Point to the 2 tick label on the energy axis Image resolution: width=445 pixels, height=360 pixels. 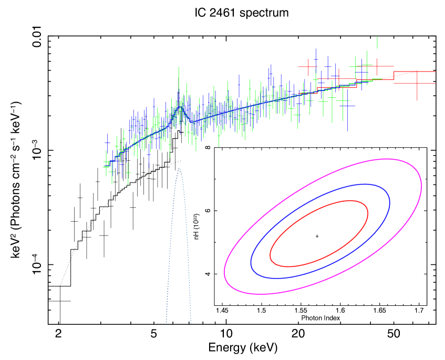coord(59,333)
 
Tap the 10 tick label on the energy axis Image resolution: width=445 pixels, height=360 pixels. coord(225,333)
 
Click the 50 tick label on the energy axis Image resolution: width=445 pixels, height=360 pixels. coord(394,333)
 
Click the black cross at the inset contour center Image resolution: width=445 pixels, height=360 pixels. coord(317,236)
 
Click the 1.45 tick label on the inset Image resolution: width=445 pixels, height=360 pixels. coord(222,312)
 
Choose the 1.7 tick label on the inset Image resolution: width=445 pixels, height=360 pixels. coord(419,312)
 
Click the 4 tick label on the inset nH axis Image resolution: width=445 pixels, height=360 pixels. coord(209,274)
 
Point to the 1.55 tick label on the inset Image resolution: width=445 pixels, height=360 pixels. coord(301,312)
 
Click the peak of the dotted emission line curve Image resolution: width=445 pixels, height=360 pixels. coord(179,169)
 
